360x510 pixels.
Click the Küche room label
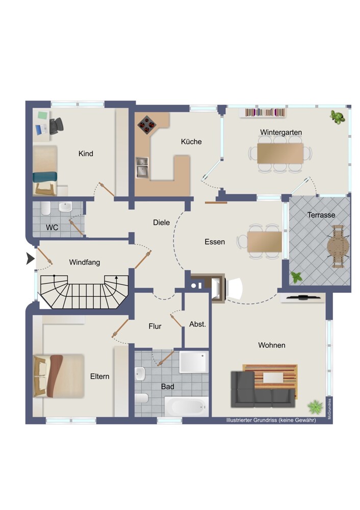coord(191,141)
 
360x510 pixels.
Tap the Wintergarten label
coord(281,133)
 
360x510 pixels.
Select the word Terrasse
coord(321,215)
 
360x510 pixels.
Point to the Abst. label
coord(198,324)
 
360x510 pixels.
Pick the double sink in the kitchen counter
coord(142,167)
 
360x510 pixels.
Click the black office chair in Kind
coord(56,126)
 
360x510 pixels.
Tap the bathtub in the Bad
coord(186,406)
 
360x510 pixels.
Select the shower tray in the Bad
coord(194,362)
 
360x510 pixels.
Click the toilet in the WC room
coord(45,208)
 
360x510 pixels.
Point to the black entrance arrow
coord(30,259)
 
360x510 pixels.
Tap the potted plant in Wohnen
coord(315,406)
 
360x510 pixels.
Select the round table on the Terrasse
coord(338,246)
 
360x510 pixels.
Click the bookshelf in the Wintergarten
coord(265,113)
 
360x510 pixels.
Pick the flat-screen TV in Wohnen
coord(302,297)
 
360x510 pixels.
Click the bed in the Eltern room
coord(59,376)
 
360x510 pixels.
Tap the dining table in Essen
coord(265,242)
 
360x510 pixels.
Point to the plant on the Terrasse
coord(296,277)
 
